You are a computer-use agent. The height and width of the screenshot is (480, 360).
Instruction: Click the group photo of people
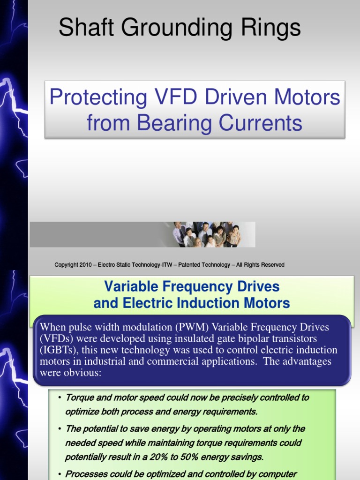pyautogui.click(x=207, y=234)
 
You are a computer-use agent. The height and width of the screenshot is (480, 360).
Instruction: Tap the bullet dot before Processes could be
pyautogui.click(x=60, y=474)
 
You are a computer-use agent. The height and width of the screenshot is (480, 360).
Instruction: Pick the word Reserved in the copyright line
pyautogui.click(x=273, y=265)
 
